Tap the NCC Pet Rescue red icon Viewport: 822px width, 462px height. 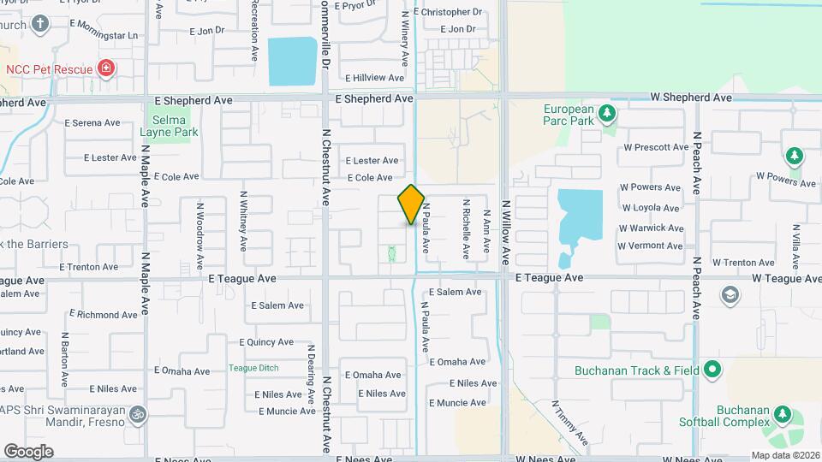tap(105, 68)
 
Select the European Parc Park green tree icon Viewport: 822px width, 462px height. tap(607, 112)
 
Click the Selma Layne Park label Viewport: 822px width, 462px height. tap(169, 127)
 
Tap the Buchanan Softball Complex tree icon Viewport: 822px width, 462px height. tap(781, 414)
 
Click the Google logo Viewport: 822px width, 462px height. tap(28, 451)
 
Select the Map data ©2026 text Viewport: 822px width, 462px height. tap(784, 455)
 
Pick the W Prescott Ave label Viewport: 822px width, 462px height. tap(656, 147)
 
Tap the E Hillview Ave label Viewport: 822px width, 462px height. tap(374, 78)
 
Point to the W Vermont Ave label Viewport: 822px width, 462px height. tap(652, 246)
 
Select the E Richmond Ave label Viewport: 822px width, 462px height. tap(102, 315)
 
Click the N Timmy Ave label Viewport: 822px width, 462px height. tap(569, 423)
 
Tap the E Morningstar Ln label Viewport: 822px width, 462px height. tap(103, 36)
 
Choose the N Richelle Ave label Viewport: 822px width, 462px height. tap(467, 229)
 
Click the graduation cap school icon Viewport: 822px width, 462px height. tap(730, 295)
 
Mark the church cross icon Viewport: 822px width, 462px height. tap(39, 23)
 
